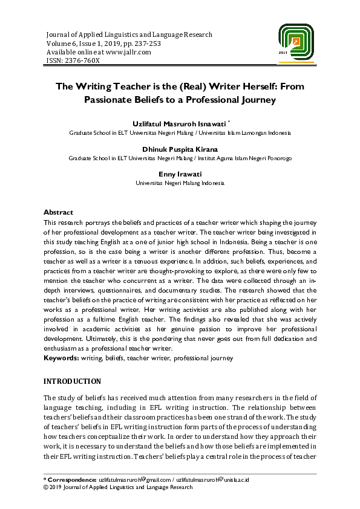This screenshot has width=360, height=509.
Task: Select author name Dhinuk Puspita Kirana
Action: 180,149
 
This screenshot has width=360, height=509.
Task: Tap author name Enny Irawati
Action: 180,174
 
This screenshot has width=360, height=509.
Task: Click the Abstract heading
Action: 59,212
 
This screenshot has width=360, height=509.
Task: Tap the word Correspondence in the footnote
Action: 73,479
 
